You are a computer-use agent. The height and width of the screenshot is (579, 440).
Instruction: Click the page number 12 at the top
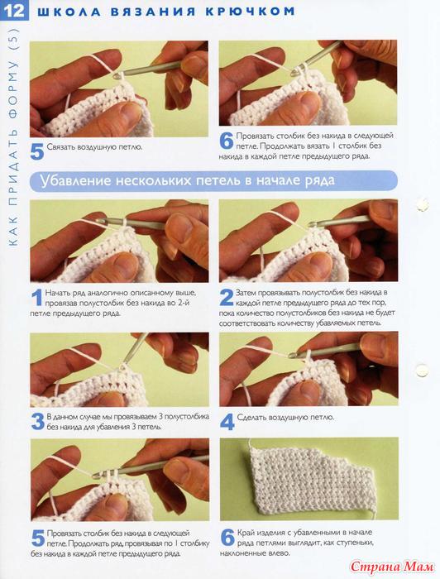tap(14, 11)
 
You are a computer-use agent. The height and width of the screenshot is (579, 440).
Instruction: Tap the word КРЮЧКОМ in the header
tap(250, 11)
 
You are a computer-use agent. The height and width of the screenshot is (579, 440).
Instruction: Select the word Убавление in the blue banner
tap(75, 180)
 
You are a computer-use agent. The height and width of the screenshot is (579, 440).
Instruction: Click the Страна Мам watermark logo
tap(392, 566)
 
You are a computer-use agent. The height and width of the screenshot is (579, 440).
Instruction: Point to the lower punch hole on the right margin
tap(421, 370)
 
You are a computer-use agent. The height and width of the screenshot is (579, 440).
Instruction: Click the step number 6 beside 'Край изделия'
tap(227, 538)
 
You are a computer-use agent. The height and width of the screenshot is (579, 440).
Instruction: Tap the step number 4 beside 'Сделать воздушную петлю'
tap(227, 422)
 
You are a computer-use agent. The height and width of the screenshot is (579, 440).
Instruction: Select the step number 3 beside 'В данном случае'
tap(38, 421)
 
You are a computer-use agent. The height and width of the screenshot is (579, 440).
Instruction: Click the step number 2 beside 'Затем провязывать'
tap(227, 297)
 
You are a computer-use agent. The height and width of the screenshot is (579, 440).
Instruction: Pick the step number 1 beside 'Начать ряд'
tap(37, 298)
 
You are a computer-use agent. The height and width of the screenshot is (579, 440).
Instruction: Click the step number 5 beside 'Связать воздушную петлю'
tap(37, 151)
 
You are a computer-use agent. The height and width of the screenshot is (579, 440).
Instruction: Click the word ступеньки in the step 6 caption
tap(353, 543)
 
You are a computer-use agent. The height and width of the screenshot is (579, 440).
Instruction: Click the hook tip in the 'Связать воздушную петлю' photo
tap(117, 76)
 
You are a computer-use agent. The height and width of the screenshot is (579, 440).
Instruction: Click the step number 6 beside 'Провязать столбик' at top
tap(227, 141)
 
